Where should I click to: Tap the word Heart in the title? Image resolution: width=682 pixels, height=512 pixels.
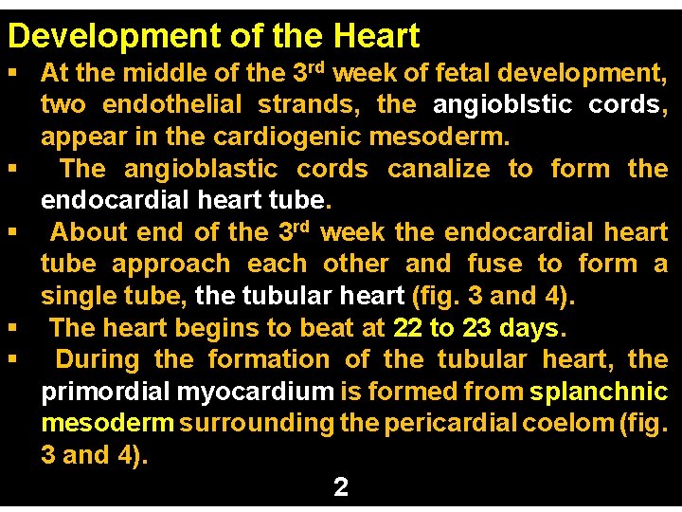(x=376, y=36)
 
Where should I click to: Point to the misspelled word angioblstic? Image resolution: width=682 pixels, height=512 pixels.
(x=503, y=104)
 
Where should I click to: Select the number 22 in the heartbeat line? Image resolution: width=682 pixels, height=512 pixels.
(x=406, y=328)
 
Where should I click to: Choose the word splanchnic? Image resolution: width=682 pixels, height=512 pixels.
(x=599, y=392)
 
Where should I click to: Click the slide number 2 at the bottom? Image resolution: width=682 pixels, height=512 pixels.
(x=341, y=487)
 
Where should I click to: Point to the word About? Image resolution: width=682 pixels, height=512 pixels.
(x=89, y=232)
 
